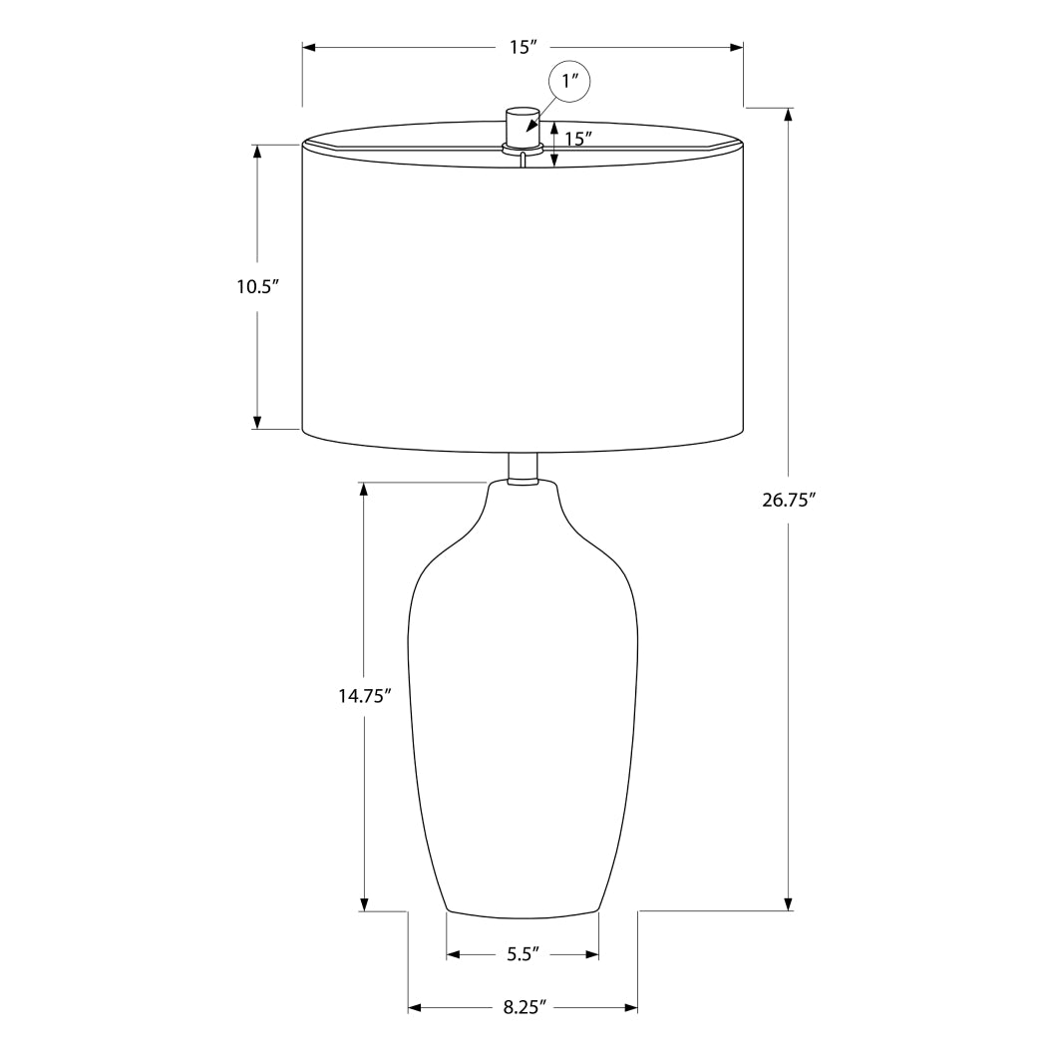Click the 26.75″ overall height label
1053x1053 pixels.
coord(789,501)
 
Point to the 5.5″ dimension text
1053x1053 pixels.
coord(523,954)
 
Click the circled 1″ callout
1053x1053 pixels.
coord(569,82)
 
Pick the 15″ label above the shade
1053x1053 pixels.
coord(523,47)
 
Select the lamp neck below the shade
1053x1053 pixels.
coord(523,469)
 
